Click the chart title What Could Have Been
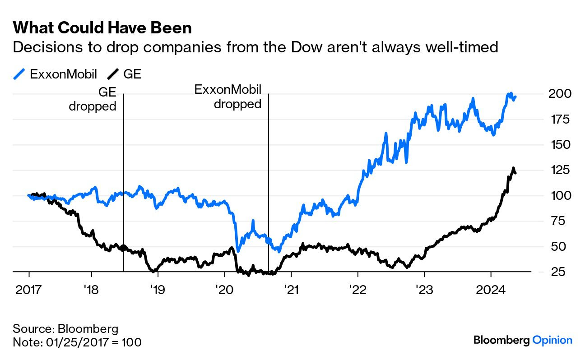coord(102,28)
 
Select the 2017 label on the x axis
coord(29,289)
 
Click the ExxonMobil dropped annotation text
coord(228,97)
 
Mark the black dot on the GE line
coord(123,248)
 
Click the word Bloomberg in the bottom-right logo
coord(501,340)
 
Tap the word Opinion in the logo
coord(552,340)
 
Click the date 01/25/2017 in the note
coord(79,342)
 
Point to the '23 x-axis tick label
coord(424,289)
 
